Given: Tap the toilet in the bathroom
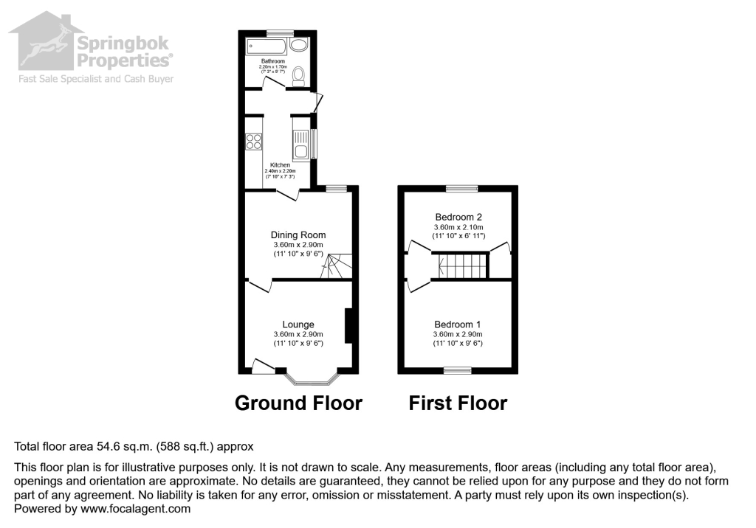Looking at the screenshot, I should tap(298, 74).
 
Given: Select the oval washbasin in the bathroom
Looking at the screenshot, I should tap(299, 44).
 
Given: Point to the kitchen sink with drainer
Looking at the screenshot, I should tap(301, 145).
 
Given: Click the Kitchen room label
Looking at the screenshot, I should tap(280, 165).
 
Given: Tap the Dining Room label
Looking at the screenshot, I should tap(298, 235).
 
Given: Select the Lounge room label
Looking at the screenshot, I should tap(298, 324).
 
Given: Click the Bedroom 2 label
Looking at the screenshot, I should tap(458, 217).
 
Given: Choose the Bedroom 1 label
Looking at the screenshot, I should tap(458, 324).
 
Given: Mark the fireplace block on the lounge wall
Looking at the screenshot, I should tap(348, 325).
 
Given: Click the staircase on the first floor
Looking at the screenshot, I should tap(460, 264).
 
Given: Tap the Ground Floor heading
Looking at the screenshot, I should tap(298, 403).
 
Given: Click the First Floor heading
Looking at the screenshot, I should tap(458, 403).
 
